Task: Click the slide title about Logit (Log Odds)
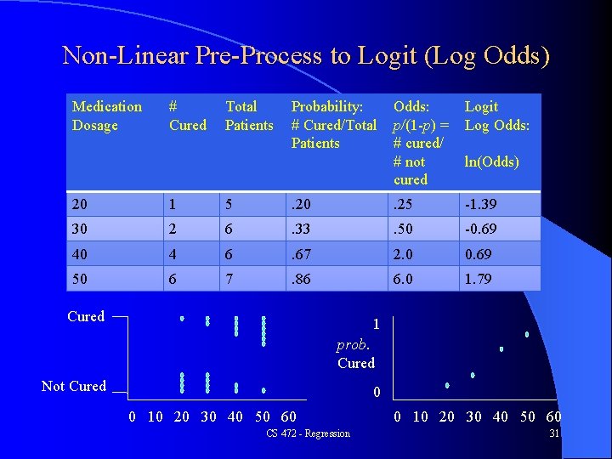[306, 56]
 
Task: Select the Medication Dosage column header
[107, 116]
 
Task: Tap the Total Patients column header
[249, 116]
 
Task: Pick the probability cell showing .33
[303, 230]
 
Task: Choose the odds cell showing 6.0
[405, 278]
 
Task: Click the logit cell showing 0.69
[479, 254]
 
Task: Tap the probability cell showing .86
[303, 278]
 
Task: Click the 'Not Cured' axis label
[74, 386]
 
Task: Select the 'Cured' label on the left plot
[86, 316]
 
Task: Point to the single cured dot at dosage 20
[182, 319]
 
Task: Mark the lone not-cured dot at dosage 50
[263, 391]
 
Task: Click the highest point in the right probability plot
[527, 335]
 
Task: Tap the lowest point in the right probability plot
[447, 386]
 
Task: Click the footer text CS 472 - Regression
[308, 434]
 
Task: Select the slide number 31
[554, 434]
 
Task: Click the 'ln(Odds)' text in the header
[491, 161]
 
